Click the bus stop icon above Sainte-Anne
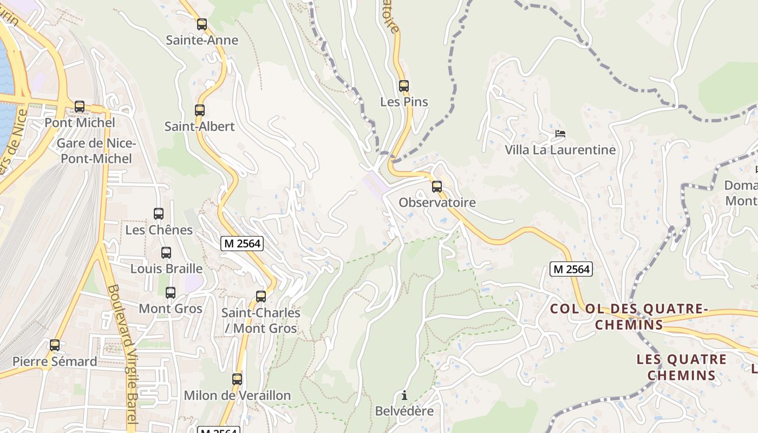202,24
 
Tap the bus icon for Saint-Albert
200,110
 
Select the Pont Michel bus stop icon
80,107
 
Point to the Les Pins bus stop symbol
404,86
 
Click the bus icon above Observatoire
437,187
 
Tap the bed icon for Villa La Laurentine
560,134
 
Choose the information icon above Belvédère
404,395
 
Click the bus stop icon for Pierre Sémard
55,345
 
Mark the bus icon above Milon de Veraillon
237,379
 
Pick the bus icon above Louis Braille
166,253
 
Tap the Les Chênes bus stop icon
159,214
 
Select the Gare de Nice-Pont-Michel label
96,151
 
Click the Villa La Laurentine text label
560,150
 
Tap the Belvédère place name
404,411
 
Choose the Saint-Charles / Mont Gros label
261,320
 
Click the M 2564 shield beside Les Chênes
242,244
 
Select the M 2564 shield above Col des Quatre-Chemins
571,268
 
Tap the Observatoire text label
437,202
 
